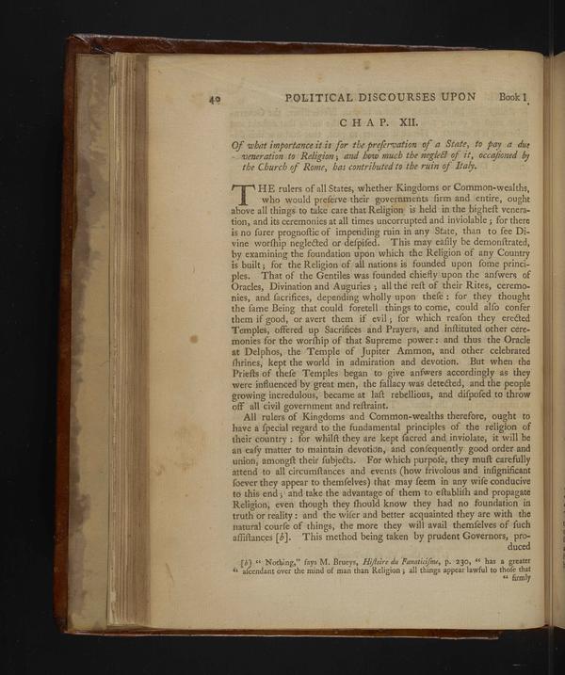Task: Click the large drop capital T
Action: (243, 197)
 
